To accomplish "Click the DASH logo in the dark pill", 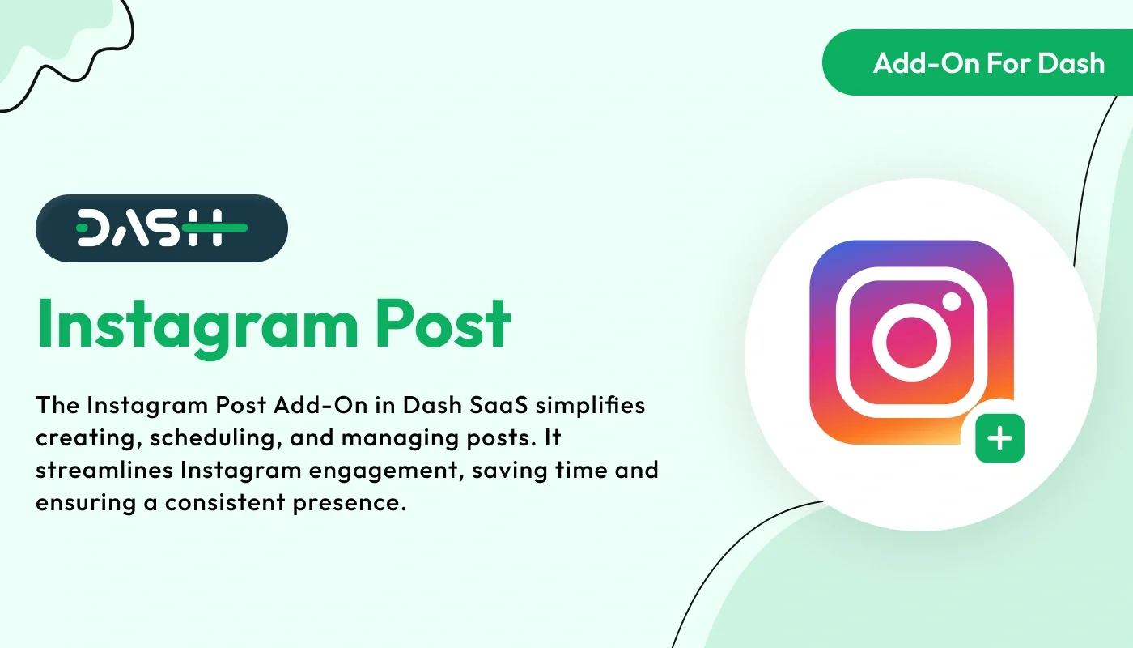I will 162,228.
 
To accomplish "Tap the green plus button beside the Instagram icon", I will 1000,439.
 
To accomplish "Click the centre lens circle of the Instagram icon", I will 911,342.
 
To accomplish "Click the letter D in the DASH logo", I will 94,228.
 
